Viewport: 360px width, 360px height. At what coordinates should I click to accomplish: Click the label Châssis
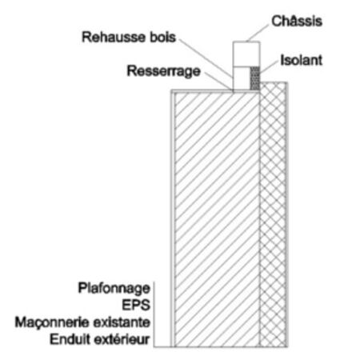click(x=297, y=21)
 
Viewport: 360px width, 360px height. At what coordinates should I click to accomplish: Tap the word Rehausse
click(x=114, y=37)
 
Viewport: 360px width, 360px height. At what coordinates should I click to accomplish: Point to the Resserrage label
click(x=163, y=71)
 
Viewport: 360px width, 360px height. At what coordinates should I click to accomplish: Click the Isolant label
click(x=302, y=60)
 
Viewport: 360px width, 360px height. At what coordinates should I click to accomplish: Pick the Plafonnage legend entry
click(x=114, y=289)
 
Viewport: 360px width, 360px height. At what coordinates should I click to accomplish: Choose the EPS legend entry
click(x=136, y=305)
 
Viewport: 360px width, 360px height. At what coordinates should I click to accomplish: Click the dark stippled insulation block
click(x=255, y=78)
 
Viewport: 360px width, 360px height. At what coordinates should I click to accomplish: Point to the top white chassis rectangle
click(x=246, y=54)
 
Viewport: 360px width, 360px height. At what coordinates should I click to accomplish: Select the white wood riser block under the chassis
click(x=242, y=78)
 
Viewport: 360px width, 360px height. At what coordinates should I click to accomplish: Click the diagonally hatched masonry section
click(x=217, y=219)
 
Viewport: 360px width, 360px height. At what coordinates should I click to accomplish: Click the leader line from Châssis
click(x=258, y=33)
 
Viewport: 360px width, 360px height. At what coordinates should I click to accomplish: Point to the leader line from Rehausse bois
click(x=206, y=58)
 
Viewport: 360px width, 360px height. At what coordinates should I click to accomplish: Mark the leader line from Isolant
click(x=269, y=66)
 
